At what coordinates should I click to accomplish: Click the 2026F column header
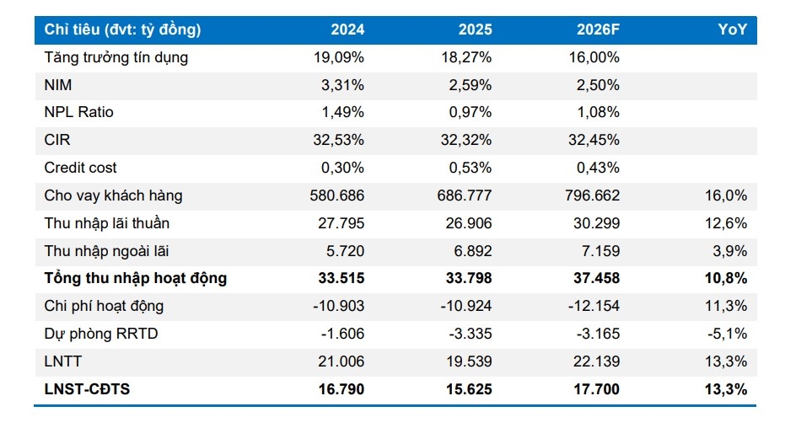click(x=598, y=29)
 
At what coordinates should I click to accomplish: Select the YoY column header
click(x=732, y=29)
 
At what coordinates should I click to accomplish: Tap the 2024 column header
click(x=347, y=29)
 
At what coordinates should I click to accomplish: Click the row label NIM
click(x=58, y=85)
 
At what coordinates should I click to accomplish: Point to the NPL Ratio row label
click(x=78, y=112)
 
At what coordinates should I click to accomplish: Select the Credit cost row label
click(x=80, y=168)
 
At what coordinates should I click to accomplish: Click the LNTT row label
click(x=62, y=361)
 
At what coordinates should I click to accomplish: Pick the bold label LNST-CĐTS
click(x=87, y=389)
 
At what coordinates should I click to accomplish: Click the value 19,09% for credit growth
click(x=339, y=57)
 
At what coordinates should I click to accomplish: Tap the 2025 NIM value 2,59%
click(x=470, y=85)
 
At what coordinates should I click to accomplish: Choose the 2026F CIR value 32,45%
click(x=594, y=140)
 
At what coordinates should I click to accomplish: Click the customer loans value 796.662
click(x=593, y=195)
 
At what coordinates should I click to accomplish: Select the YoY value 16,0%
click(x=726, y=195)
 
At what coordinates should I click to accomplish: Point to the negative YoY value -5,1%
click(x=727, y=334)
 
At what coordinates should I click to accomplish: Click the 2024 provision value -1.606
click(x=342, y=334)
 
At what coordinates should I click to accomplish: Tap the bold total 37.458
click(x=596, y=278)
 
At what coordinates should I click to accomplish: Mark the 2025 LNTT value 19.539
click(x=469, y=361)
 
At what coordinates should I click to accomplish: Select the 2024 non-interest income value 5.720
click(x=345, y=250)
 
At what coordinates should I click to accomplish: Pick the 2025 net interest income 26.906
click(x=469, y=223)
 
